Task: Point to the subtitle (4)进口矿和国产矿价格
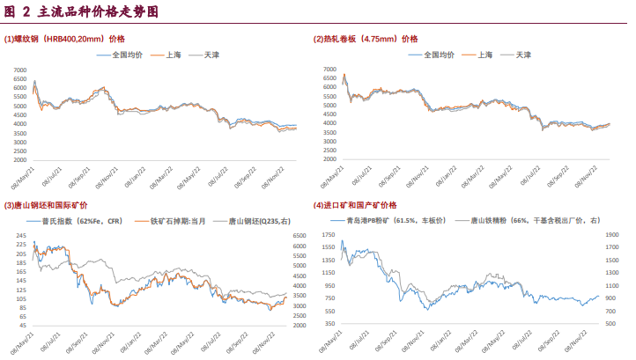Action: [x=360, y=206]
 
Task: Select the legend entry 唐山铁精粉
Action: [x=529, y=221]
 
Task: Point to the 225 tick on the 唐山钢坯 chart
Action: [x=21, y=253]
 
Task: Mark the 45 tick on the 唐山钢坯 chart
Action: [x=23, y=326]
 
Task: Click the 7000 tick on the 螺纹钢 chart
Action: [x=21, y=69]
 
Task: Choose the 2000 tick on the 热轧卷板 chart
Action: [x=329, y=160]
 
